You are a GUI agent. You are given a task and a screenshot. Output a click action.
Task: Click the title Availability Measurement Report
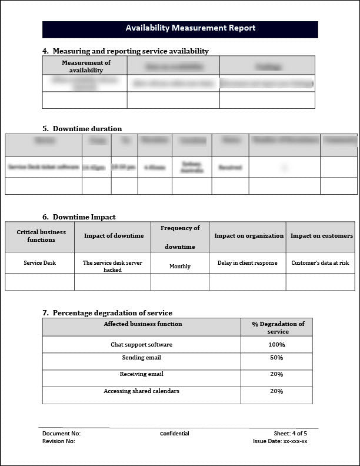coord(190,28)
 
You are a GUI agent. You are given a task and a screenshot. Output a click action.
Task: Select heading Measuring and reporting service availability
coord(131,51)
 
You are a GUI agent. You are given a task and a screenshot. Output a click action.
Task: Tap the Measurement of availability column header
coord(86,66)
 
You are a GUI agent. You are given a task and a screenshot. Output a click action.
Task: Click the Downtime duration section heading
coord(87,129)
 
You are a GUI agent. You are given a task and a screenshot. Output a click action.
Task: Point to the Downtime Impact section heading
coord(84,217)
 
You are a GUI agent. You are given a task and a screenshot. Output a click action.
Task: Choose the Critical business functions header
coord(41,236)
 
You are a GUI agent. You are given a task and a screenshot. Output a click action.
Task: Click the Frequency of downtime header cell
coord(180,237)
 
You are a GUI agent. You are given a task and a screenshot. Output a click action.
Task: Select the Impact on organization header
coord(249,236)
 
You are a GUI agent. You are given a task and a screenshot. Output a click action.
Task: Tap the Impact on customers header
coord(322,236)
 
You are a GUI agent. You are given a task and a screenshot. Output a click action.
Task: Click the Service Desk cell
coord(40,263)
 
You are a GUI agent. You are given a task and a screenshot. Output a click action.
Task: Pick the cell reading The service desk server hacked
coord(112,266)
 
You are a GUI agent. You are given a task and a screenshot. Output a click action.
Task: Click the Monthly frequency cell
coord(180,267)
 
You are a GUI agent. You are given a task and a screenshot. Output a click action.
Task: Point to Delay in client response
coord(248,263)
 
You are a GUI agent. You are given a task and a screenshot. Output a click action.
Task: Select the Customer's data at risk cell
coord(320,263)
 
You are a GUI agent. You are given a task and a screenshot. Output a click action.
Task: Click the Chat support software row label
coord(142,345)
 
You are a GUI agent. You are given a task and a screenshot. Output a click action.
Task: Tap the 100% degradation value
coord(276,345)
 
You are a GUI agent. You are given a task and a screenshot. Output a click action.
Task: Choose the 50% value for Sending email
coord(276,358)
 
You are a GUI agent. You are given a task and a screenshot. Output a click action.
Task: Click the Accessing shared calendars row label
coord(142,391)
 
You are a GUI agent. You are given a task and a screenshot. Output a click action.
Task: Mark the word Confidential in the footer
coord(175,434)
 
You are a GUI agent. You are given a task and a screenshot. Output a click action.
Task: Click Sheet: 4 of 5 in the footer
coord(290,434)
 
